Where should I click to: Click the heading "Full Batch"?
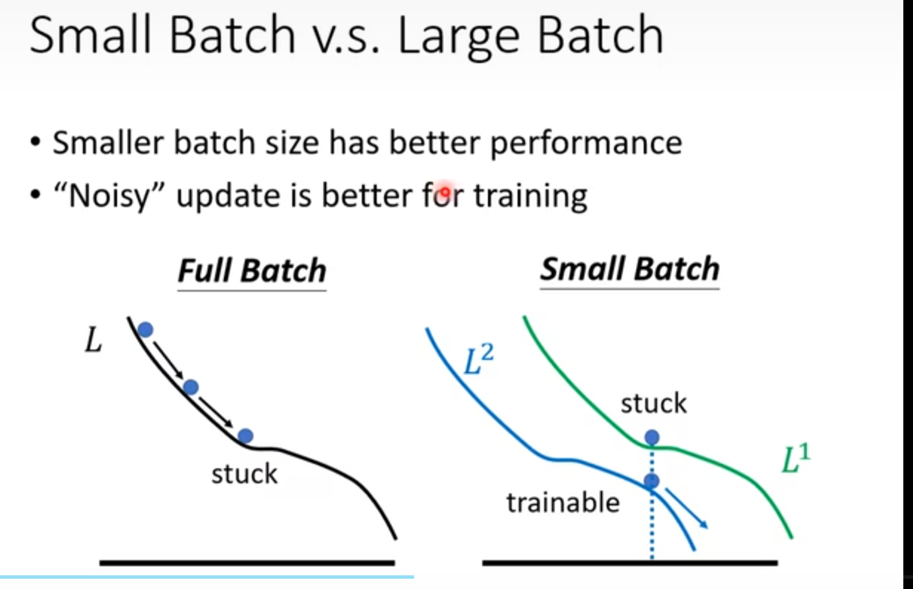coord(252,271)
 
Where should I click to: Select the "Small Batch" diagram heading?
coord(630,269)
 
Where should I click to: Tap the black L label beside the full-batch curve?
coord(93,340)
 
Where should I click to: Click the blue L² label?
coord(479,359)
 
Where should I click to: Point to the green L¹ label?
coord(796,459)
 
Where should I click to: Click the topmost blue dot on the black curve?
coord(146,330)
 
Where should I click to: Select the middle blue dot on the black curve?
coord(191,387)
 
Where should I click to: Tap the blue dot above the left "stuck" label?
coord(245,436)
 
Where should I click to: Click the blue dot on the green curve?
coord(652,437)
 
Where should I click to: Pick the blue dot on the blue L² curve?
coord(652,481)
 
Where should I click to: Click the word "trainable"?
coord(564,502)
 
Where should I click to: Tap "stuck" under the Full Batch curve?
coord(245,474)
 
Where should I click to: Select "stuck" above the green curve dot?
coord(654,403)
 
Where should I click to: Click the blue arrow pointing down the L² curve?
coord(687,508)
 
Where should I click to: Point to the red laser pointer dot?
coord(445,191)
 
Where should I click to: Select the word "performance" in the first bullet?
coord(586,144)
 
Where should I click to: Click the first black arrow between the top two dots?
coord(168,360)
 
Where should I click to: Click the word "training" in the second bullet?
coord(530,197)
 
